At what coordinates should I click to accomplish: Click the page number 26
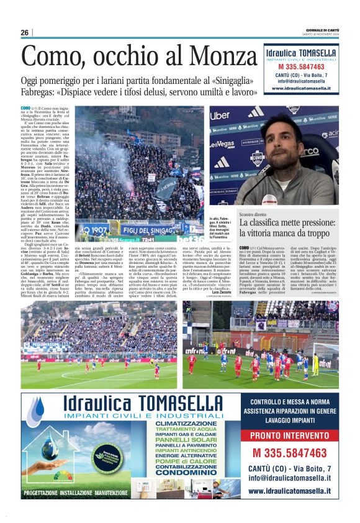(x=25, y=32)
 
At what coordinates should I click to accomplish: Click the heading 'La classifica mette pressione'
(x=287, y=227)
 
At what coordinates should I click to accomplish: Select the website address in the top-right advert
(x=301, y=88)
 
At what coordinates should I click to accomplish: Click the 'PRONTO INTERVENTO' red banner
(x=289, y=436)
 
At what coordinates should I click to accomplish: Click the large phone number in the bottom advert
(x=289, y=452)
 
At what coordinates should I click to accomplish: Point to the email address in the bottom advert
(x=289, y=478)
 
